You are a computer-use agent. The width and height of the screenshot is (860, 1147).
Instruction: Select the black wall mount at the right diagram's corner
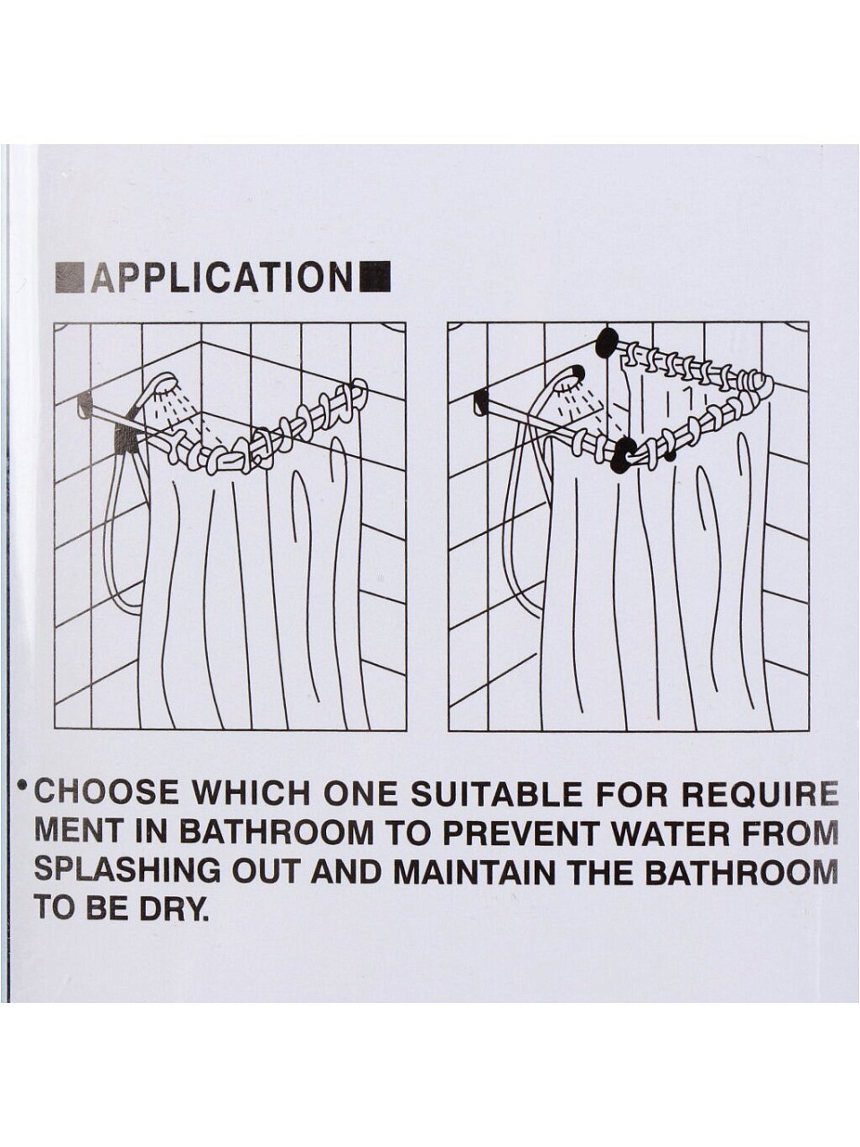606,343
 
